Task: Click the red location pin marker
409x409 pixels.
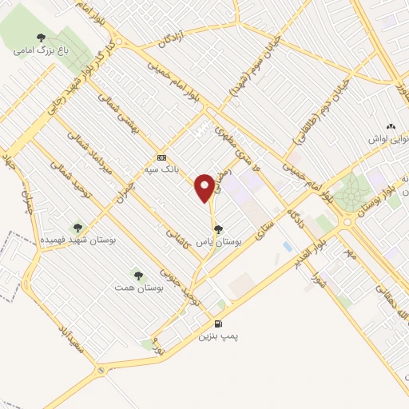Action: click(205, 189)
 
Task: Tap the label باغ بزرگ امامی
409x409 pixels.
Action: click(42, 50)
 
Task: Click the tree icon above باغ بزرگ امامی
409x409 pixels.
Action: click(42, 37)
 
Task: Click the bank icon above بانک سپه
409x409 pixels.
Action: click(162, 157)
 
